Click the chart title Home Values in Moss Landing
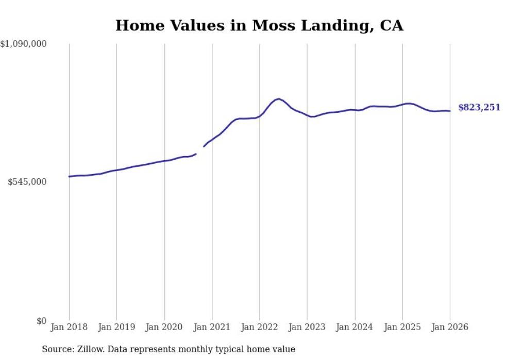pyautogui.click(x=259, y=25)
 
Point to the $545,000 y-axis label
pyautogui.click(x=27, y=182)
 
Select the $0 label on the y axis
pyautogui.click(x=41, y=321)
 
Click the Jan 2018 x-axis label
pyautogui.click(x=69, y=328)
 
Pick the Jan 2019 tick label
pyautogui.click(x=116, y=328)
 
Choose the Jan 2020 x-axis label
pyautogui.click(x=164, y=328)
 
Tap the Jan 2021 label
pyautogui.click(x=212, y=328)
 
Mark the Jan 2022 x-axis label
pyautogui.click(x=260, y=328)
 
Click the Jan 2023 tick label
pyautogui.click(x=307, y=328)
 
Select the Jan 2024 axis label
pyautogui.click(x=355, y=328)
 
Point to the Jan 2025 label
pyautogui.click(x=402, y=328)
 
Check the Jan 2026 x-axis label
pyautogui.click(x=450, y=328)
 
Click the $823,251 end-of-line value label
pyautogui.click(x=479, y=108)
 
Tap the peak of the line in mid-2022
pyautogui.click(x=278, y=99)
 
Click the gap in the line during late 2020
pyautogui.click(x=200, y=150)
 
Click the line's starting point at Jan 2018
pyautogui.click(x=69, y=177)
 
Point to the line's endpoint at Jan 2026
pyautogui.click(x=450, y=111)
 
